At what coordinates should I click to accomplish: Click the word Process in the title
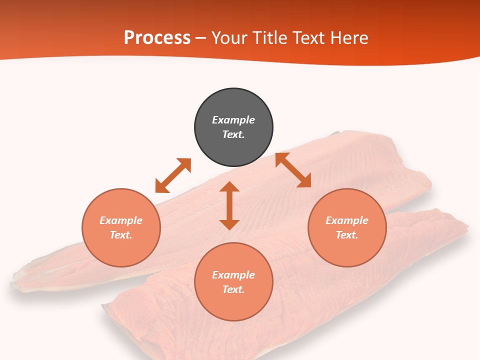tap(157, 38)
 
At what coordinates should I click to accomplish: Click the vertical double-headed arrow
tap(229, 205)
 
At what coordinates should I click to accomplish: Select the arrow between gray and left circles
tap(173, 175)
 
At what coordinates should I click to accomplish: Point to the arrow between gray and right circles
tap(293, 170)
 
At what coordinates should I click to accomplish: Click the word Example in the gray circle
tap(233, 120)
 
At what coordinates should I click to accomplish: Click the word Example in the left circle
tap(121, 220)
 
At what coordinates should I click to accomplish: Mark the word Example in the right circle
tap(347, 220)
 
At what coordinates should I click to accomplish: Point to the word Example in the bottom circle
tap(233, 275)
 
